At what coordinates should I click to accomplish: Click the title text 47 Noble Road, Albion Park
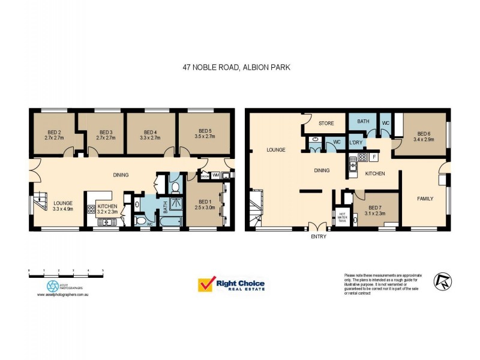(236, 68)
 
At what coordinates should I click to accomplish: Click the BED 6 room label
(424, 137)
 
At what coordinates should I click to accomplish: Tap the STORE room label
(326, 123)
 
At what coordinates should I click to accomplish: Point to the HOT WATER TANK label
(342, 217)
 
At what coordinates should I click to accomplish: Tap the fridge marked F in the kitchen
(374, 157)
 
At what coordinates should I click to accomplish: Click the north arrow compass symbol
(444, 280)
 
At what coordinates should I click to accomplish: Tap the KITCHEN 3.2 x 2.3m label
(108, 209)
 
